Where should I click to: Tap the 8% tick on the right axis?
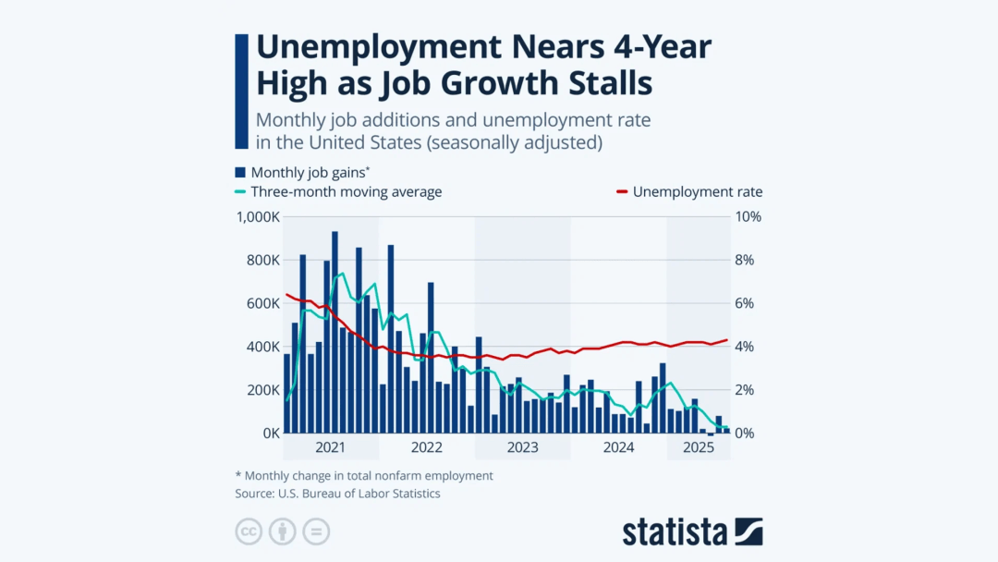[x=746, y=261]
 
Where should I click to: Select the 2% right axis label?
[x=746, y=390]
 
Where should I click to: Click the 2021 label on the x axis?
[x=331, y=448]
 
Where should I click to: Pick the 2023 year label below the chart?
[x=522, y=448]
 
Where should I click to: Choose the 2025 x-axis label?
[x=699, y=448]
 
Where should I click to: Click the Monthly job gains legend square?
[x=240, y=172]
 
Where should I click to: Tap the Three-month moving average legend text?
[x=347, y=192]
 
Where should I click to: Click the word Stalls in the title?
[x=605, y=83]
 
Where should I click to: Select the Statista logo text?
[x=676, y=531]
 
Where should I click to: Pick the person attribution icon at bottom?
[x=282, y=531]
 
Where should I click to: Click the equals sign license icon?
[x=316, y=531]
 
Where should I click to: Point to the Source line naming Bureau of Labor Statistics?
[x=337, y=494]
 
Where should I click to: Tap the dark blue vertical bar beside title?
[x=242, y=91]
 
